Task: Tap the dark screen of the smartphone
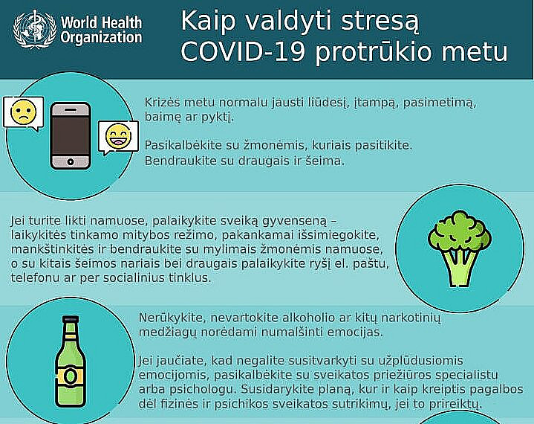coord(71,133)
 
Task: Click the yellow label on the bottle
coord(71,376)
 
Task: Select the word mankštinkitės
coord(48,249)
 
